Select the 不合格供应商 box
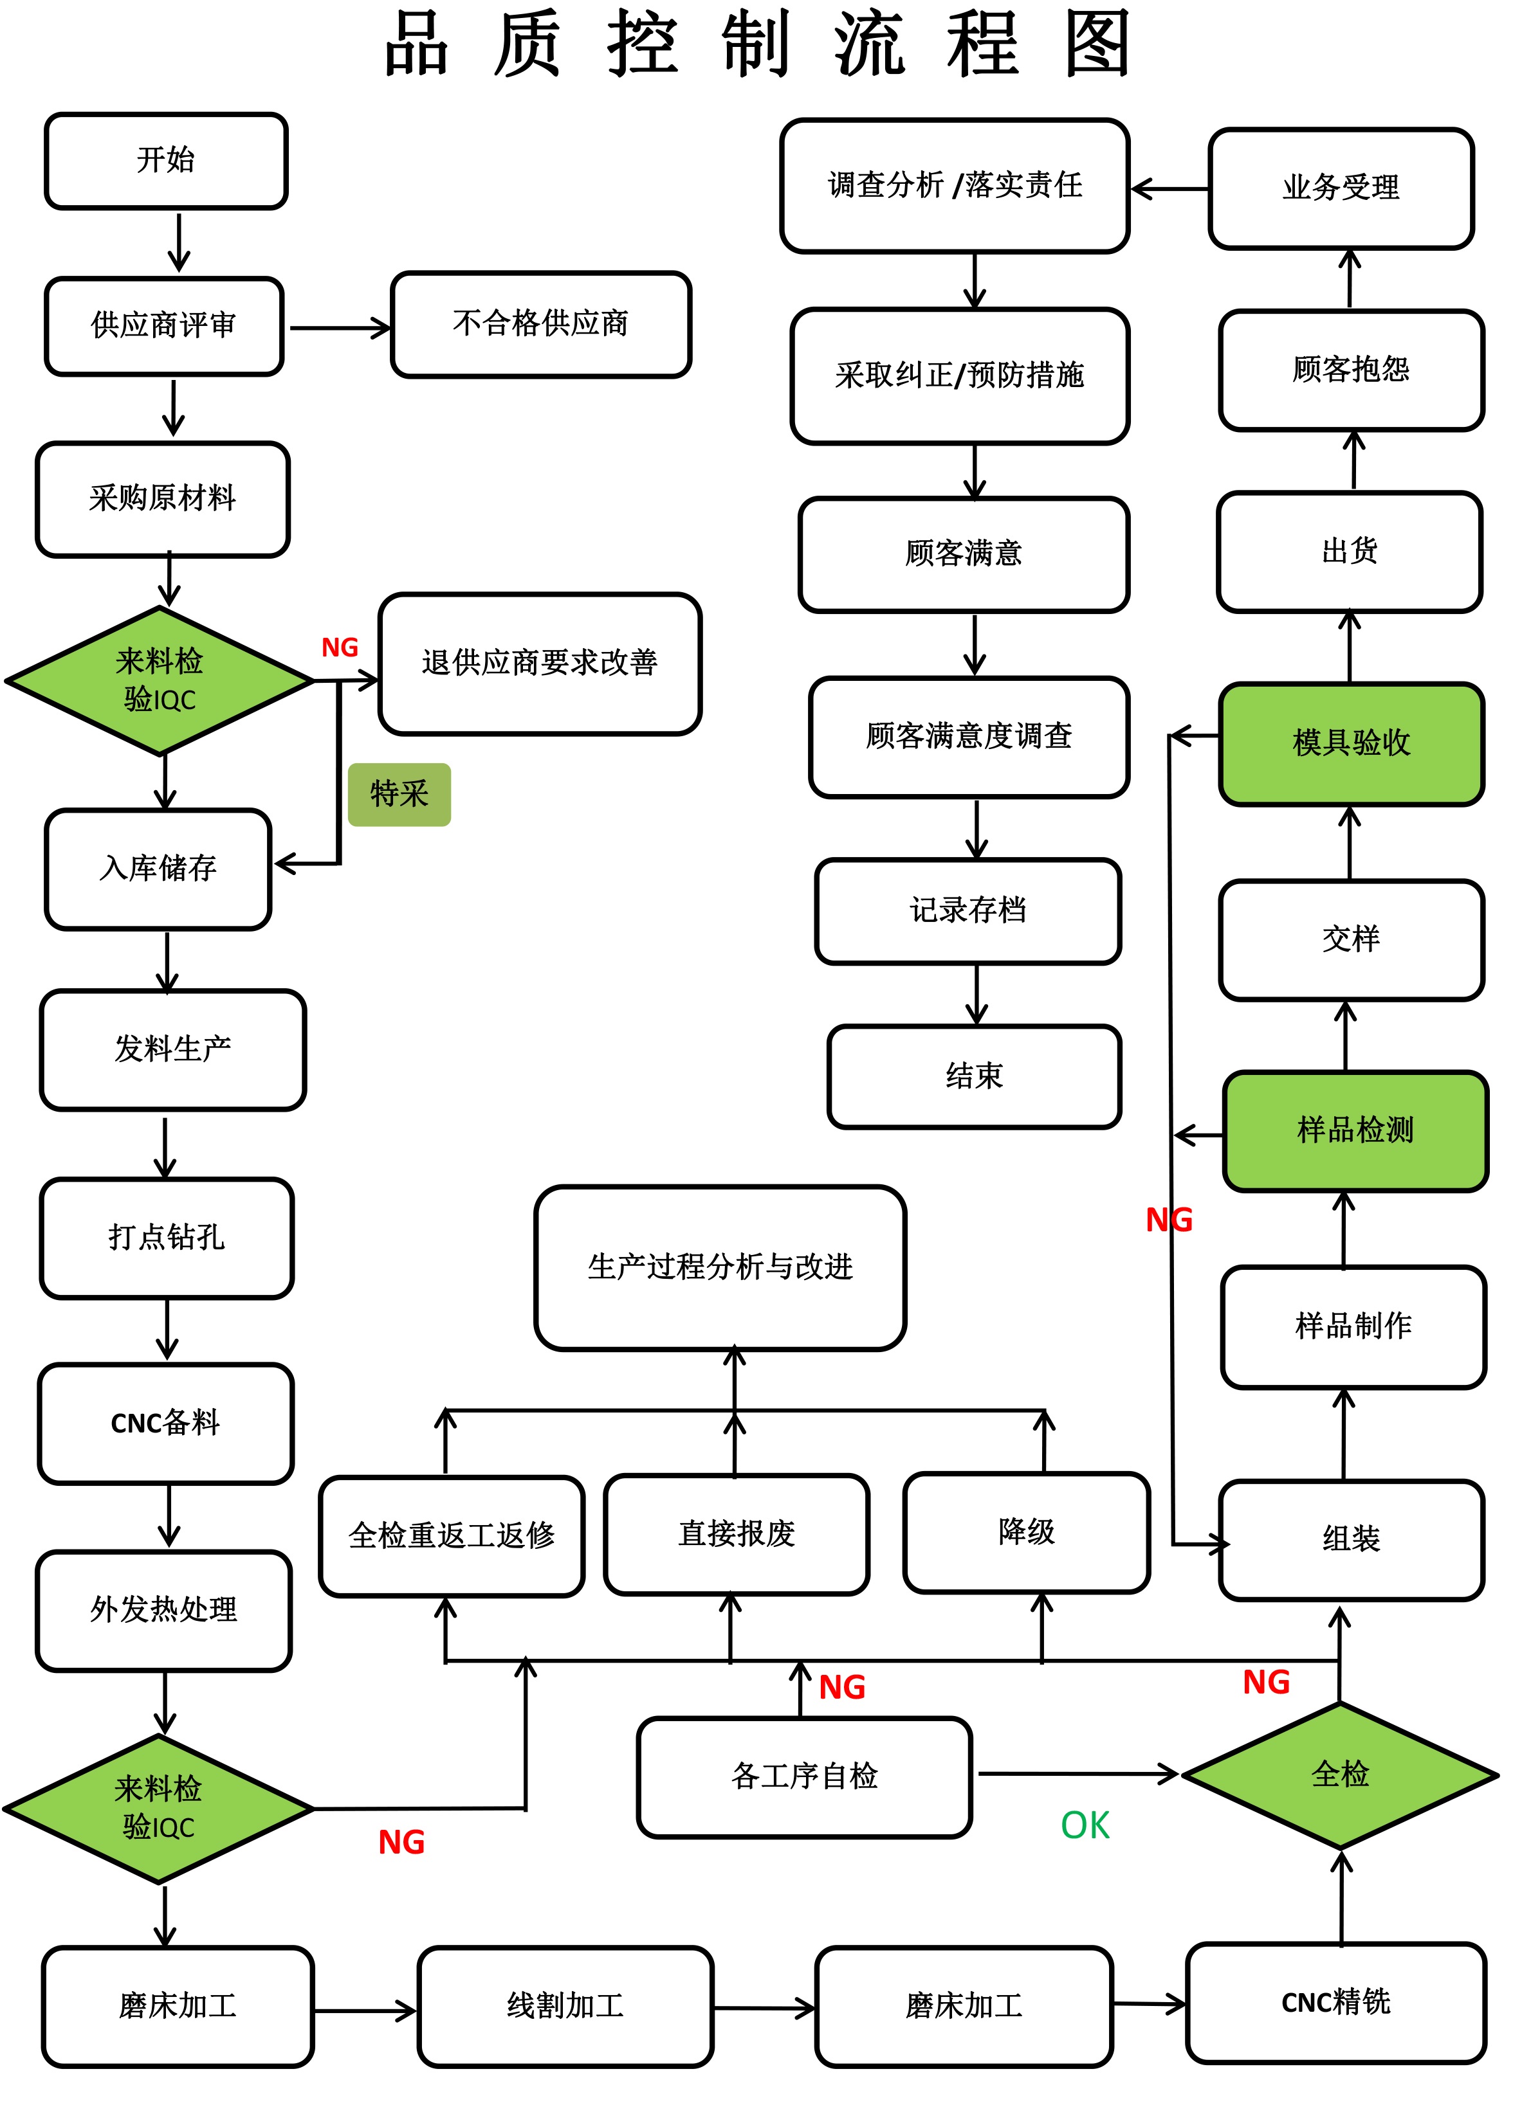click(540, 324)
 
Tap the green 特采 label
click(399, 795)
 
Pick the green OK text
click(1085, 1826)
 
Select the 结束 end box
click(973, 1076)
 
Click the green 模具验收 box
click(1350, 743)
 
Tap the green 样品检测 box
click(1355, 1130)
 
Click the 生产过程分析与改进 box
click(720, 1267)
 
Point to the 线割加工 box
click(565, 2006)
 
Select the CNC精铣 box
click(1335, 2002)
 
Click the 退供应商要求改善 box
click(540, 663)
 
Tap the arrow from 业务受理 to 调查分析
click(1169, 189)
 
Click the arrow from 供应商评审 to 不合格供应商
click(340, 328)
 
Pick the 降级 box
click(1026, 1532)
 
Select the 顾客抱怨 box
click(1350, 370)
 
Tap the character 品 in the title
click(416, 44)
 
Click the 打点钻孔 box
click(167, 1238)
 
